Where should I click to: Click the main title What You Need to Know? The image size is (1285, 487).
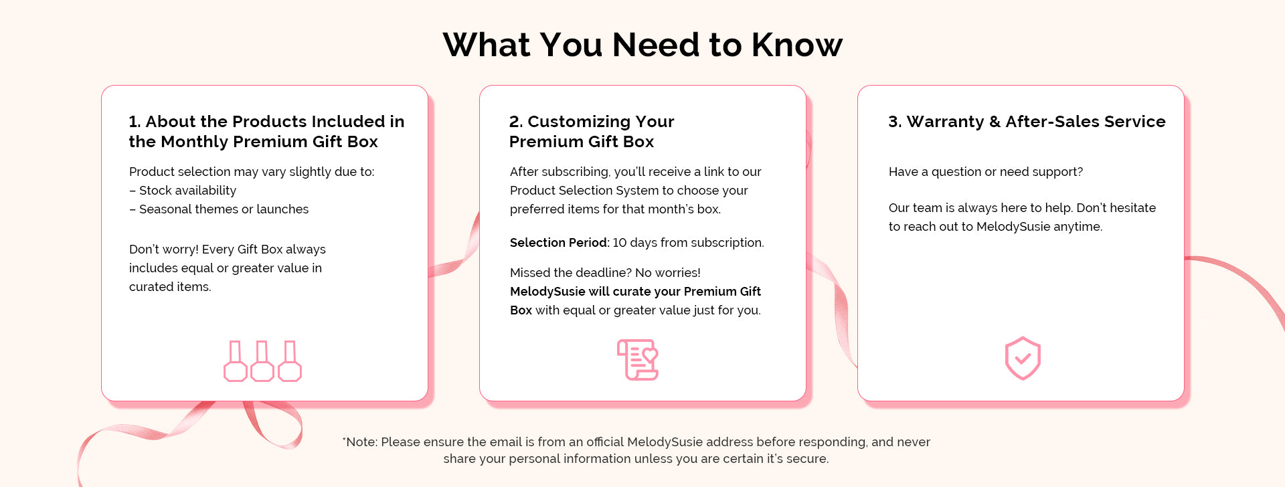642,45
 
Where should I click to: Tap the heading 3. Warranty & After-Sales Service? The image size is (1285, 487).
1027,122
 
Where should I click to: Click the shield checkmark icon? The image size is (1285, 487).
1023,359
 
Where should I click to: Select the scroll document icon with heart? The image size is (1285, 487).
638,360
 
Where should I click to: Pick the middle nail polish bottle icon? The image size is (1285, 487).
262,361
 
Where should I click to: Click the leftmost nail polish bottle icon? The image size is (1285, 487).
235,361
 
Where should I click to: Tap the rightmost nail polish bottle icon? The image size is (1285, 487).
289,361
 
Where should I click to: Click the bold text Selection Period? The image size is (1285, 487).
559,243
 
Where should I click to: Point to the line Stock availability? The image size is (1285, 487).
183,191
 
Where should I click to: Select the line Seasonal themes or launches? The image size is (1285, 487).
219,209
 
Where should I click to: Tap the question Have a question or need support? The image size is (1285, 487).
986,172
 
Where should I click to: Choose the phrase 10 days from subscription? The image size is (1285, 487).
689,243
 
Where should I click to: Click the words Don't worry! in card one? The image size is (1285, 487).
164,250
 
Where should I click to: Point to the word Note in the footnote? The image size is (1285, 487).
361,442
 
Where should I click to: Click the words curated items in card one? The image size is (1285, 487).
170,287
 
